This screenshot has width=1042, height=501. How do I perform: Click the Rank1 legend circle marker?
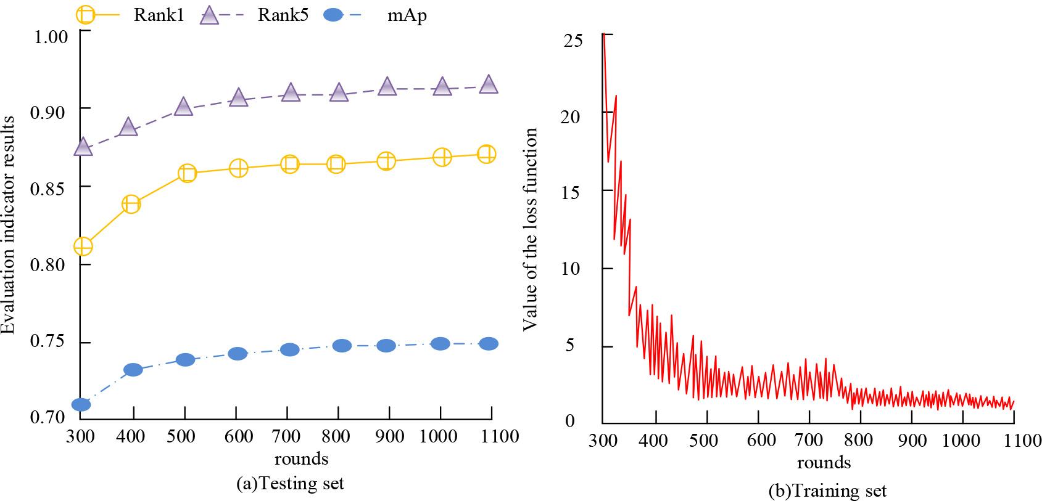pyautogui.click(x=86, y=13)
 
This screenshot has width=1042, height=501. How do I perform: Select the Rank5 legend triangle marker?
pyautogui.click(x=210, y=14)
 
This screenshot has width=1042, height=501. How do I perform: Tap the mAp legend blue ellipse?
pyautogui.click(x=333, y=14)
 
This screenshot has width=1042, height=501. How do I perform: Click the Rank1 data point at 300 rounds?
pyautogui.click(x=83, y=246)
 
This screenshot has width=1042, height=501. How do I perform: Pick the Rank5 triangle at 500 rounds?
pyautogui.click(x=184, y=107)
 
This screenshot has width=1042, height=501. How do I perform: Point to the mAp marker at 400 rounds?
pyautogui.click(x=133, y=370)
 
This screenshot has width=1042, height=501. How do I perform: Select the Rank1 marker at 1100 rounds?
pyautogui.click(x=487, y=154)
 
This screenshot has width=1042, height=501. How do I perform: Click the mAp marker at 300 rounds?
pyautogui.click(x=81, y=405)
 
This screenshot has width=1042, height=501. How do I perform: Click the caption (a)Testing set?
pyautogui.click(x=290, y=484)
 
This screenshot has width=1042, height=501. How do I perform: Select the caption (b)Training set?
pyautogui.click(x=827, y=491)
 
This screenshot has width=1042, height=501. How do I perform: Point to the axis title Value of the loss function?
pyautogui.click(x=531, y=228)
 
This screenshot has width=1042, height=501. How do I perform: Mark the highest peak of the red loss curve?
pyautogui.click(x=603, y=35)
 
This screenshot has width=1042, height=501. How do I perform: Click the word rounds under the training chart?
pyautogui.click(x=824, y=462)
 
